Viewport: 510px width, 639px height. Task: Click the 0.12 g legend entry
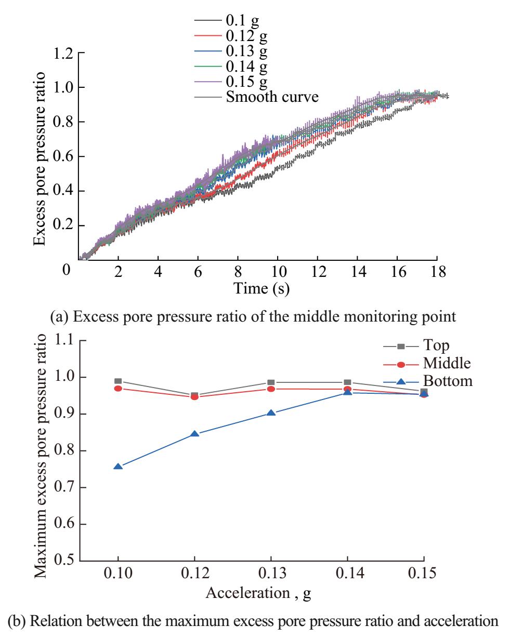coord(247,37)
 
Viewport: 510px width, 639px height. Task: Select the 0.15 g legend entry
coord(247,82)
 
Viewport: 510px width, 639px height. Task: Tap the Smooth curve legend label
coord(272,97)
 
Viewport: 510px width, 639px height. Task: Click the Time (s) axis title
coord(261,289)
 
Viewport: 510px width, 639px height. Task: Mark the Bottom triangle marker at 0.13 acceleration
coord(271,413)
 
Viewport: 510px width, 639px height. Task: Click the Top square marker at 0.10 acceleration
coord(118,381)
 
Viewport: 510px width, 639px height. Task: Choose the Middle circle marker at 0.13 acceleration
coord(271,389)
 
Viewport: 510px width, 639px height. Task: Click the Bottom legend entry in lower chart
coord(447,381)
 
